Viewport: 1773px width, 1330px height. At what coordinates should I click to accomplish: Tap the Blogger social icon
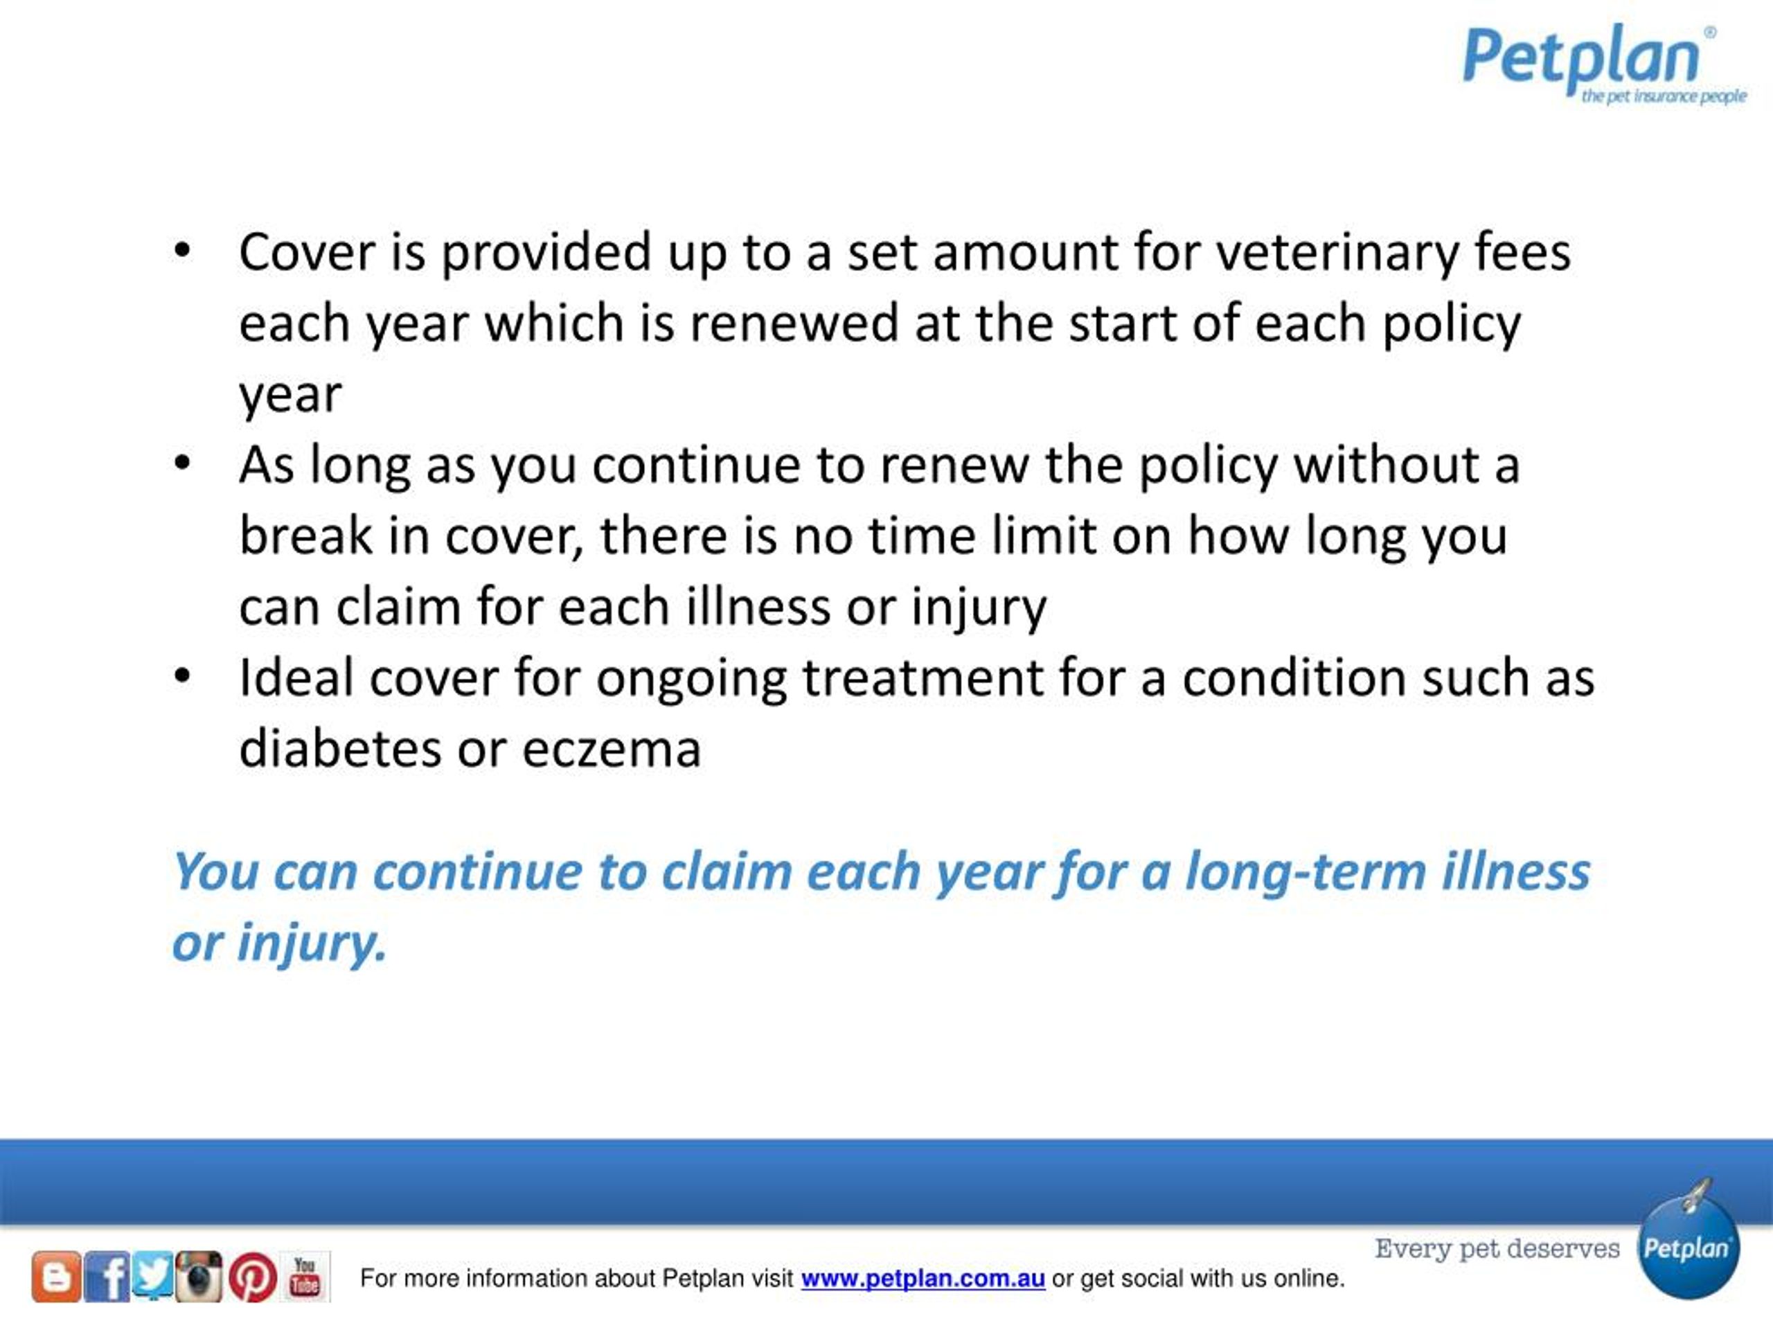(56, 1276)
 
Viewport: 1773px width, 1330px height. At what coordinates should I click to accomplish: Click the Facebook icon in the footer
(107, 1276)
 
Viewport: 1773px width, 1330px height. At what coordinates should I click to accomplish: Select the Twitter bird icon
(153, 1274)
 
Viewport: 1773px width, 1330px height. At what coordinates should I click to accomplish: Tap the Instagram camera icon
(199, 1275)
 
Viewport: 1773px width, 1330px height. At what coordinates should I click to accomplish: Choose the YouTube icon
(305, 1276)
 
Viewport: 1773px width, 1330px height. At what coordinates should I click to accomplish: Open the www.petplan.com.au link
(923, 1278)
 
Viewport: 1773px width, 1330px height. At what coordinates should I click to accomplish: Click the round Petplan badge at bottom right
(1687, 1250)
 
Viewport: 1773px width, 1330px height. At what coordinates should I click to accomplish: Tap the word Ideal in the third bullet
(296, 678)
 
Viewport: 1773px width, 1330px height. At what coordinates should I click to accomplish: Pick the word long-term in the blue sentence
(1306, 871)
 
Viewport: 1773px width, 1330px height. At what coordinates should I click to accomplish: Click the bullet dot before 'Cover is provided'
(183, 251)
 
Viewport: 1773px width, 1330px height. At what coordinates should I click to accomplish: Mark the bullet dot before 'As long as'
(183, 463)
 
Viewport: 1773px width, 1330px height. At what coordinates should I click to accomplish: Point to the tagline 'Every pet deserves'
(1497, 1248)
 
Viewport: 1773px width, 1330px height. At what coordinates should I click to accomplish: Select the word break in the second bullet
(305, 535)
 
